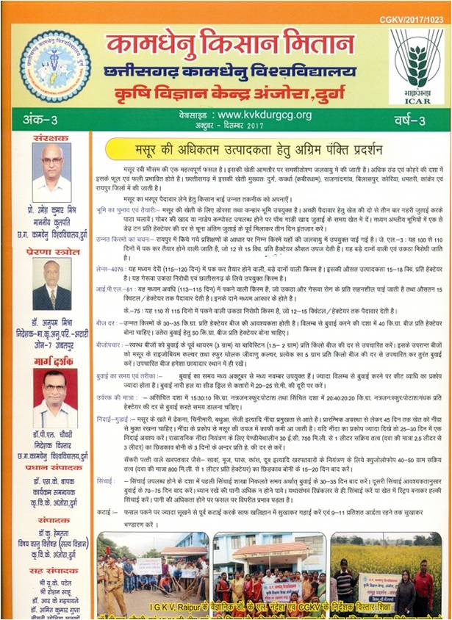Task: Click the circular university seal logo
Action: (x=55, y=67)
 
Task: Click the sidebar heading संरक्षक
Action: (x=50, y=137)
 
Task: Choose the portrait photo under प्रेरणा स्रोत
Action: (x=51, y=284)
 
